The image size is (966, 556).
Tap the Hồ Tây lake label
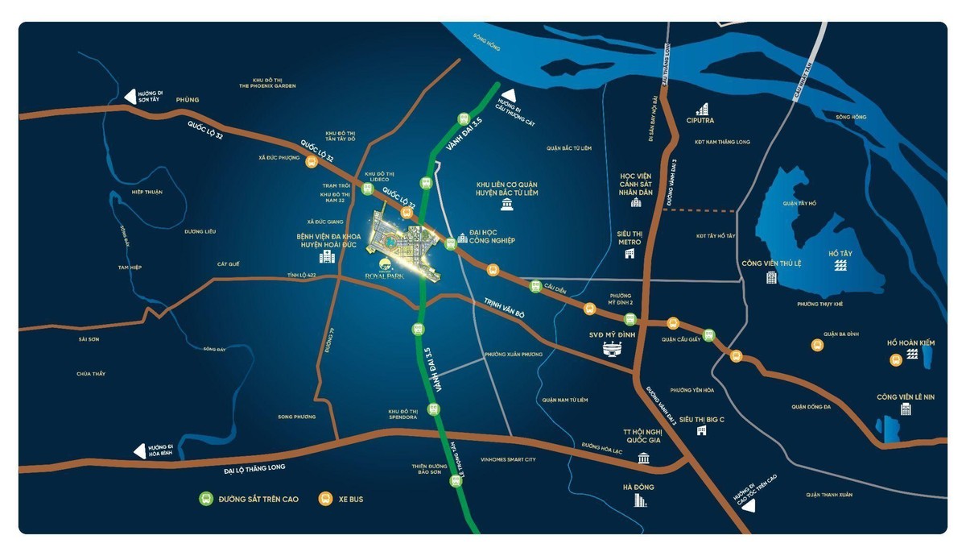(x=839, y=253)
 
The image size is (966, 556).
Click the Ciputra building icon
(x=702, y=108)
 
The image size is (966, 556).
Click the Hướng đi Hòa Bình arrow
(x=140, y=451)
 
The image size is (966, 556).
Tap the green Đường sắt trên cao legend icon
(x=206, y=499)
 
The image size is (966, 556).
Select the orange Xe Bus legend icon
(x=325, y=499)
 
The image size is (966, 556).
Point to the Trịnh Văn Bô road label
(x=504, y=307)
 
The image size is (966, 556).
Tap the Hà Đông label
(x=638, y=487)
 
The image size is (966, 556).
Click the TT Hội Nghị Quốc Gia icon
(x=643, y=458)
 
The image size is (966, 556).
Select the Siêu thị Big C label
(x=701, y=419)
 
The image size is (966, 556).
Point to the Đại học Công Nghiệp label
(x=491, y=235)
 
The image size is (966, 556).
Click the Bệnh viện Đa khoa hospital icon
(x=327, y=256)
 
